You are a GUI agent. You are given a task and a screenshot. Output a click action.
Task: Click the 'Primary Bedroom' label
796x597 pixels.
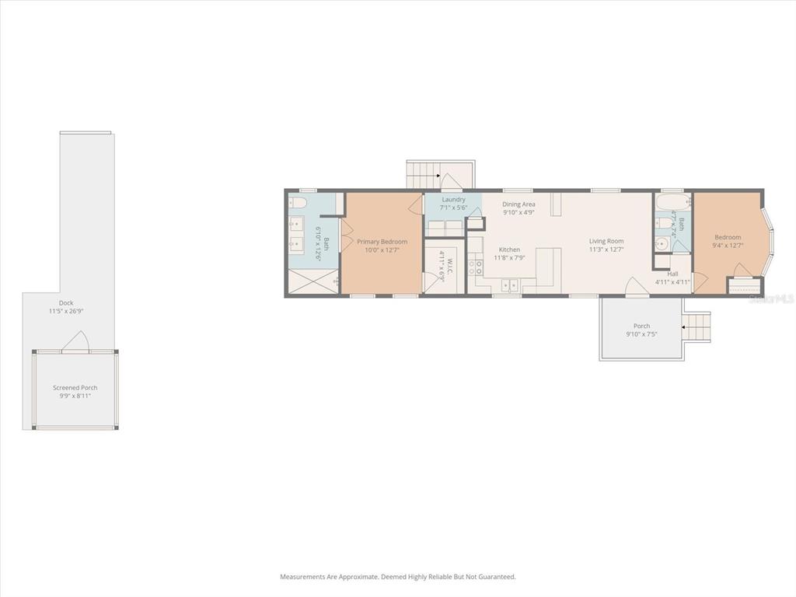click(382, 242)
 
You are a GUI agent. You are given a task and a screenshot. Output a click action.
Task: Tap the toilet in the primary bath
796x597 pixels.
click(298, 204)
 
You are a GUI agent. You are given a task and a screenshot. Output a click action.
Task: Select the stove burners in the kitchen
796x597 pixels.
click(475, 268)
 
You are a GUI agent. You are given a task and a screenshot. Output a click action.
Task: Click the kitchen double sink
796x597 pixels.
click(509, 284)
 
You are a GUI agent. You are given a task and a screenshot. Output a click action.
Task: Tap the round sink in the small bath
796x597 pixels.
click(662, 243)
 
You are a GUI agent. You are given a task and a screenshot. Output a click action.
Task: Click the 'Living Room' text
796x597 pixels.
click(606, 241)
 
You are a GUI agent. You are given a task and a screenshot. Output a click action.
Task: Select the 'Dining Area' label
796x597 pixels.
click(518, 204)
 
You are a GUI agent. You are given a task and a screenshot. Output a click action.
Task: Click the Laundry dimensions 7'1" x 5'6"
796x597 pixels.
click(453, 208)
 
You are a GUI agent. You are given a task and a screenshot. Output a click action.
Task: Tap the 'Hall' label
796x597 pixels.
click(672, 274)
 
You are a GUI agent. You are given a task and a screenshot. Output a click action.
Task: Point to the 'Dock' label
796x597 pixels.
click(66, 303)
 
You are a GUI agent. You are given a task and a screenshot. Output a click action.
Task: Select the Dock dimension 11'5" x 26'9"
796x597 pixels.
click(66, 311)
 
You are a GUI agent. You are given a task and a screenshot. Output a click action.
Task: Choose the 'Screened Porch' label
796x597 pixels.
click(75, 387)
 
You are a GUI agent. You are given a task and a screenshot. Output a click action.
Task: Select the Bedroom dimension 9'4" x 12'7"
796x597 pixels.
click(728, 246)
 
